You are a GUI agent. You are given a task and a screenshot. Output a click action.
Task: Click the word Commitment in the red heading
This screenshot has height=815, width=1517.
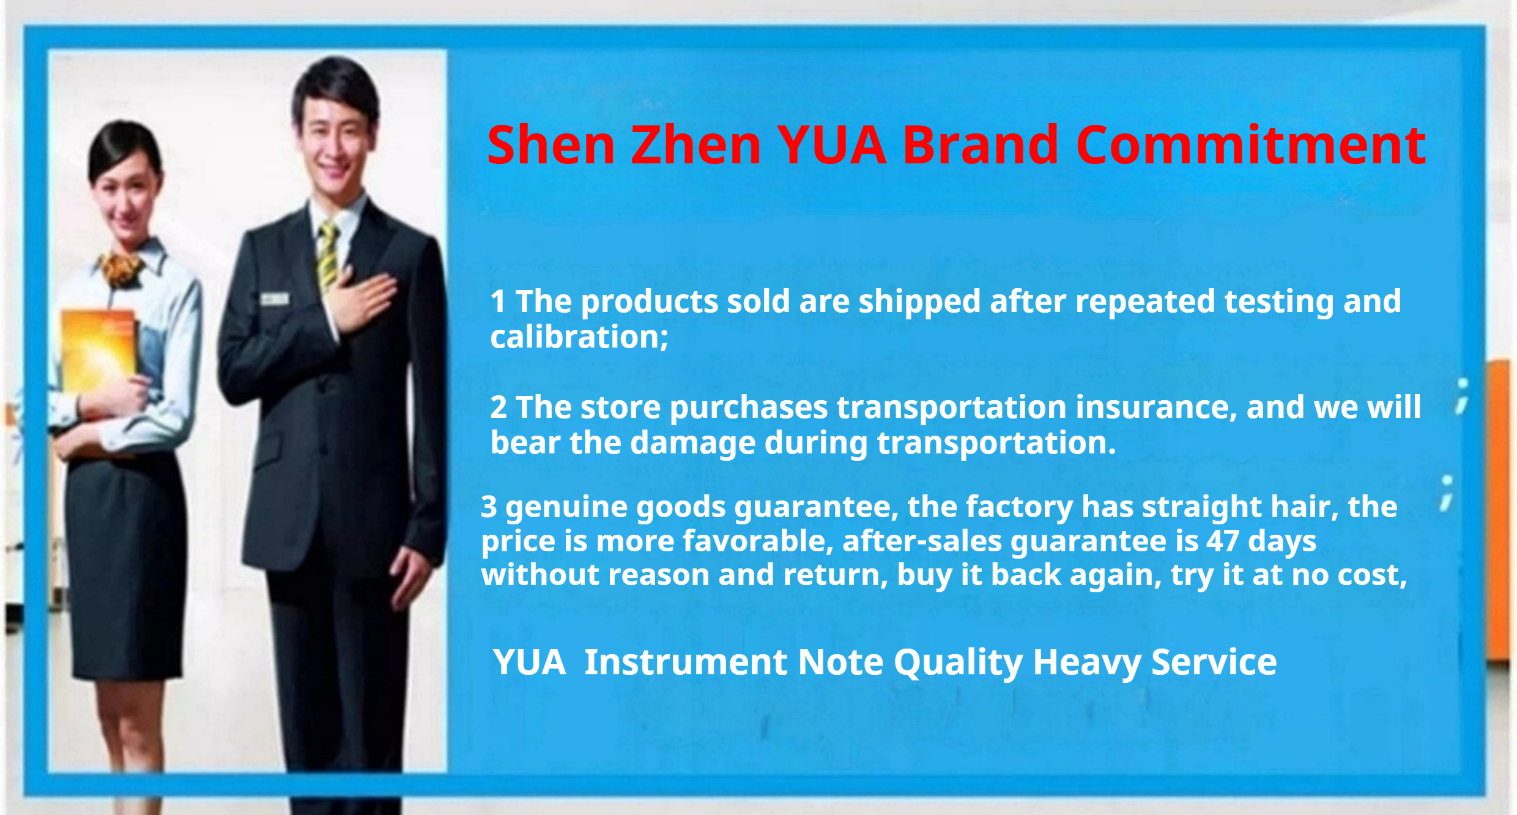tap(1251, 145)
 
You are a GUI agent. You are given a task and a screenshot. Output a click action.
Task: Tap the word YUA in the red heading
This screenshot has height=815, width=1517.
tap(832, 145)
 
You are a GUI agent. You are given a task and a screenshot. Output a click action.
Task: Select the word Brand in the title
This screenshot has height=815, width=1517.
tap(981, 145)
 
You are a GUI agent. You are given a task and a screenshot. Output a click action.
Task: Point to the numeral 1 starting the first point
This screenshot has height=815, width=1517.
tap(498, 302)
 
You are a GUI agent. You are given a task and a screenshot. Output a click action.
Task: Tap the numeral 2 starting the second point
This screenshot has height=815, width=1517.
tap(499, 407)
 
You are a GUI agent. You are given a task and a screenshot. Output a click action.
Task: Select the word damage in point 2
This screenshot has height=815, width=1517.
tap(693, 443)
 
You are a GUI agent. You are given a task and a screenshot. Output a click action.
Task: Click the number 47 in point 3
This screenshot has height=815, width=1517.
tap(1223, 541)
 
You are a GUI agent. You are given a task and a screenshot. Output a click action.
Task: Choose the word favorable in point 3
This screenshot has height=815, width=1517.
tap(758, 541)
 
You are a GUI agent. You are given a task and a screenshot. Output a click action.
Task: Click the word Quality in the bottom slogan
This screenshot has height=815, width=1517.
tap(959, 663)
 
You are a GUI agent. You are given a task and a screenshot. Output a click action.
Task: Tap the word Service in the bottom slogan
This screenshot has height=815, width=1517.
tap(1214, 662)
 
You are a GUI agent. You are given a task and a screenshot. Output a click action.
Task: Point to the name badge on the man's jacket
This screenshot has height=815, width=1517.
tap(275, 299)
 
